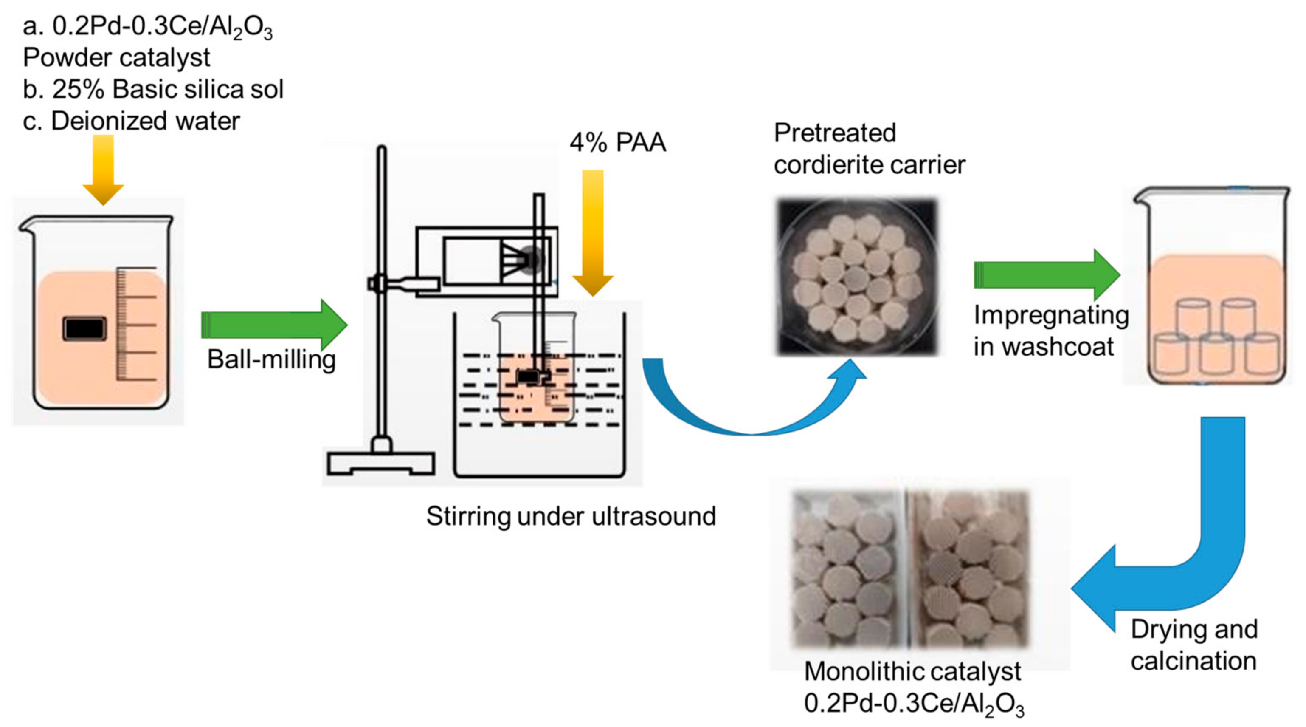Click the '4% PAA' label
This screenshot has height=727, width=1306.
[617, 143]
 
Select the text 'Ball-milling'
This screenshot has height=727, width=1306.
[271, 359]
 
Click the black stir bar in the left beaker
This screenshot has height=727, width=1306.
[84, 329]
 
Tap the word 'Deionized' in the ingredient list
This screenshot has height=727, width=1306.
[109, 121]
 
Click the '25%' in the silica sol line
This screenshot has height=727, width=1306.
[78, 89]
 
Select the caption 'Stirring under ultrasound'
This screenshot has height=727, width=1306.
[571, 516]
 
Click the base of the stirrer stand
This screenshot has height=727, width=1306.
[381, 463]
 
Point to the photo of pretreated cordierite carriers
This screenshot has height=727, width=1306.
[857, 277]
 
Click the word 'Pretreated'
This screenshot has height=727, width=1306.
[834, 133]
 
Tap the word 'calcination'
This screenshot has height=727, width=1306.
[1193, 661]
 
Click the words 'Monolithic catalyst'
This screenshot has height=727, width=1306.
[912, 671]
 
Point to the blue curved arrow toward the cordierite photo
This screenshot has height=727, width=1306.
[750, 411]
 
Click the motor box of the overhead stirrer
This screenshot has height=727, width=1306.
[487, 261]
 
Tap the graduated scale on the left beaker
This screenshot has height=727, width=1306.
[135, 325]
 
